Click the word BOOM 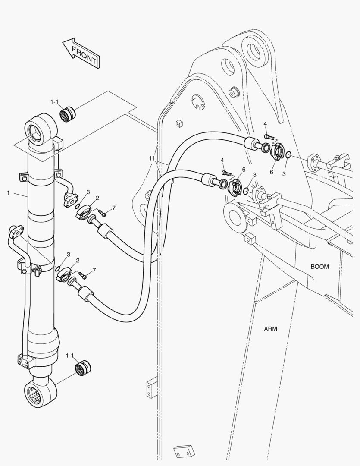(319, 267)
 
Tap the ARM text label (270, 329)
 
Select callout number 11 (152, 159)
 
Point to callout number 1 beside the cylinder (8, 193)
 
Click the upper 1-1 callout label (54, 102)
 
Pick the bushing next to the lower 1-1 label (82, 368)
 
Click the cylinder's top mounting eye (41, 129)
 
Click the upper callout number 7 (113, 208)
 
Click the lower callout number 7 (94, 270)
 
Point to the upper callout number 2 (97, 198)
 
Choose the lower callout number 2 (78, 261)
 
